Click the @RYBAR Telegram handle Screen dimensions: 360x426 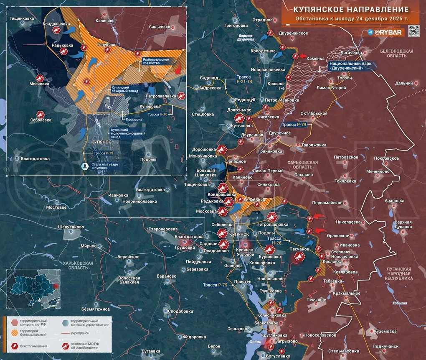pos(384,32)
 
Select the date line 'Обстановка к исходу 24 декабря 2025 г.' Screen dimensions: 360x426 pos(351,19)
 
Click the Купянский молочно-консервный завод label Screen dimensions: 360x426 pos(127,133)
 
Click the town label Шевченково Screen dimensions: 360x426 pos(68,227)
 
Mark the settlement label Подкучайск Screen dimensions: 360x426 pos(385,346)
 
